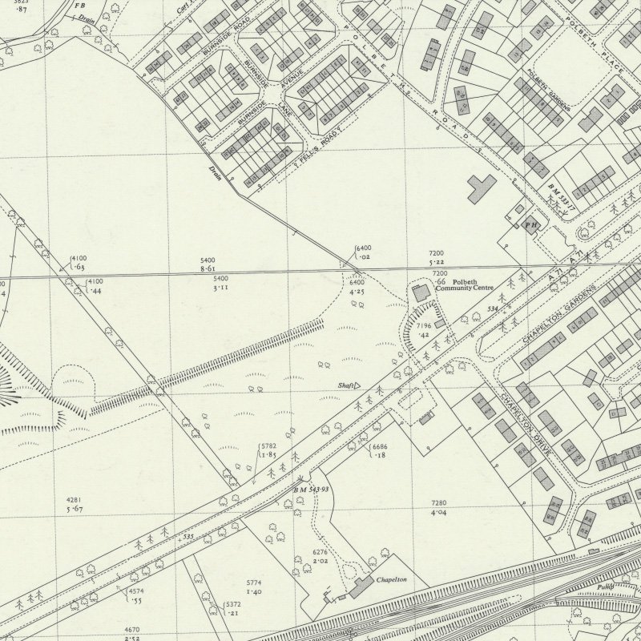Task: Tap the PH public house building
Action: coord(530,225)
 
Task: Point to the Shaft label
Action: coord(347,385)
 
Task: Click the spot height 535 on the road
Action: coord(187,537)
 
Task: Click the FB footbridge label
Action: coord(80,6)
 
